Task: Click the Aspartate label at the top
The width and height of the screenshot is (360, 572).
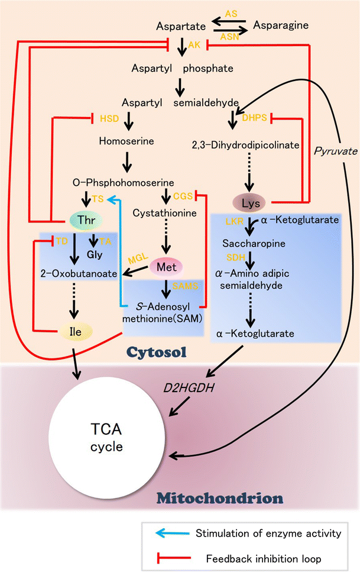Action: (x=180, y=27)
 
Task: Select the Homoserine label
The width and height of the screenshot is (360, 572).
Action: (x=131, y=143)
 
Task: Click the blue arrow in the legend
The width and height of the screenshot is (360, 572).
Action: (x=172, y=534)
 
